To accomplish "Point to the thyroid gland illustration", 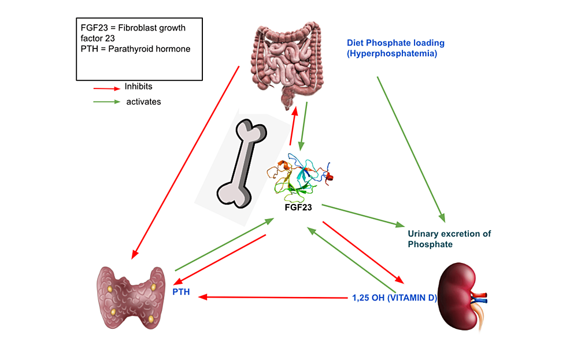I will pyautogui.click(x=132, y=293).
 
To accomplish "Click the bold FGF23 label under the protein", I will pyautogui.click(x=299, y=207).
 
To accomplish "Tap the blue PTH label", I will pyautogui.click(x=181, y=292).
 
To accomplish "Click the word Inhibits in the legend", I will pyautogui.click(x=139, y=87).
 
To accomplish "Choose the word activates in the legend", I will pyautogui.click(x=143, y=102).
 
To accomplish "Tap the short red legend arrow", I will pyautogui.click(x=106, y=88).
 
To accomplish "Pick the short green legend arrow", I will pyautogui.click(x=106, y=102).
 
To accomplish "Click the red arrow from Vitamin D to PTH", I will pyautogui.click(x=272, y=298).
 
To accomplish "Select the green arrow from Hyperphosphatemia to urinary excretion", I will pyautogui.click(x=410, y=148).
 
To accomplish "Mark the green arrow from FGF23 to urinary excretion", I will pyautogui.click(x=362, y=214).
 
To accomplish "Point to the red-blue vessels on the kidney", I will pyautogui.click(x=479, y=297).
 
